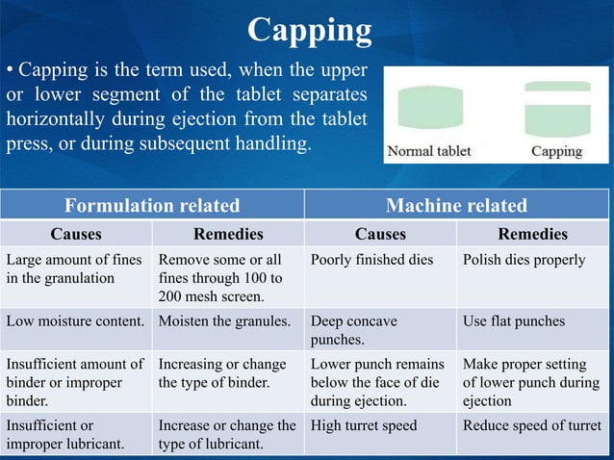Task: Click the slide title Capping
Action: tap(309, 31)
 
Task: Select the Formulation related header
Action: tap(152, 205)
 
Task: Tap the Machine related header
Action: tap(456, 205)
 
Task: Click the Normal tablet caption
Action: tap(429, 151)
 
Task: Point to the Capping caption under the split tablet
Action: tap(556, 151)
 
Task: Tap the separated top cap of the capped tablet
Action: tap(557, 87)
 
